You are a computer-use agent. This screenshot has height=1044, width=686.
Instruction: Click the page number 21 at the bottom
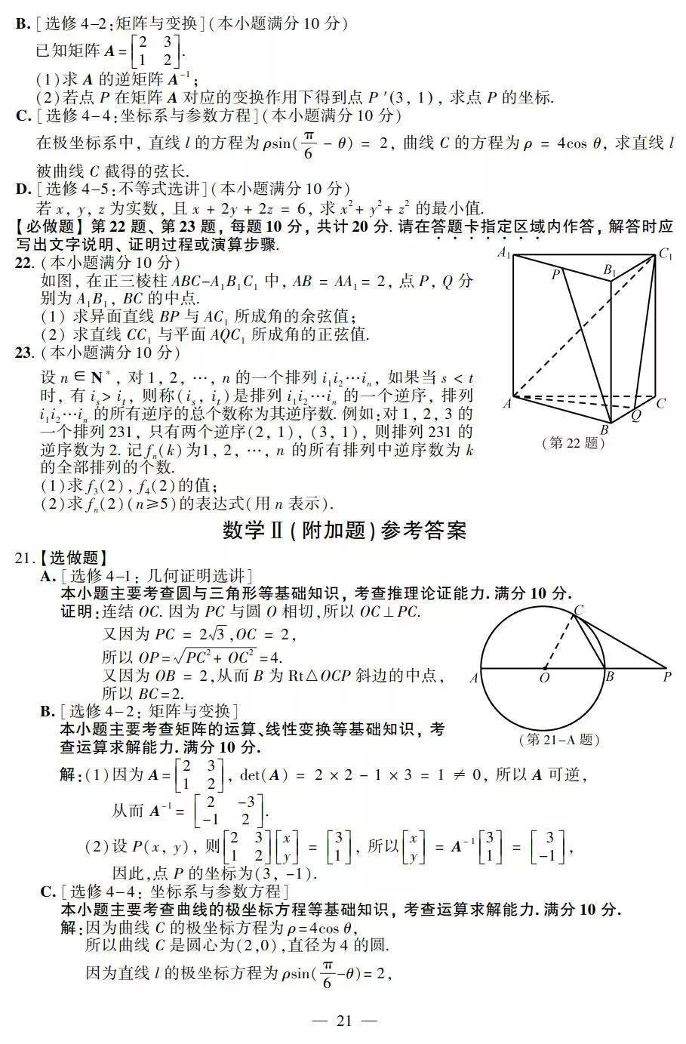(344, 1021)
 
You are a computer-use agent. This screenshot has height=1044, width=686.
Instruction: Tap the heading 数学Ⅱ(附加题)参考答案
(345, 531)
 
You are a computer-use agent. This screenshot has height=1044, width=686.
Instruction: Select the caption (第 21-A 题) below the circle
(560, 740)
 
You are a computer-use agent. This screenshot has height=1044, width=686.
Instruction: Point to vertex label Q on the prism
(635, 414)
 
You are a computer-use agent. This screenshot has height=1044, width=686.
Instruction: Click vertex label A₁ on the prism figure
(505, 253)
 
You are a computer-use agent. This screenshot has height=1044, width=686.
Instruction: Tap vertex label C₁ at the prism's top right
(666, 254)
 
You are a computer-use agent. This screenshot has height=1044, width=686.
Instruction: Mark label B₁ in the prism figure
(610, 270)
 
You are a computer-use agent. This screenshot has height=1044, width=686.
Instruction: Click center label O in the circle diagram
(544, 678)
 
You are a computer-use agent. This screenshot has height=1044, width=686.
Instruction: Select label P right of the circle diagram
(667, 677)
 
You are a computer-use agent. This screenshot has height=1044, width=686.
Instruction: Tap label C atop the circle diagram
(579, 609)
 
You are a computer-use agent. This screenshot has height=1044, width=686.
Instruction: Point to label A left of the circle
(474, 678)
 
